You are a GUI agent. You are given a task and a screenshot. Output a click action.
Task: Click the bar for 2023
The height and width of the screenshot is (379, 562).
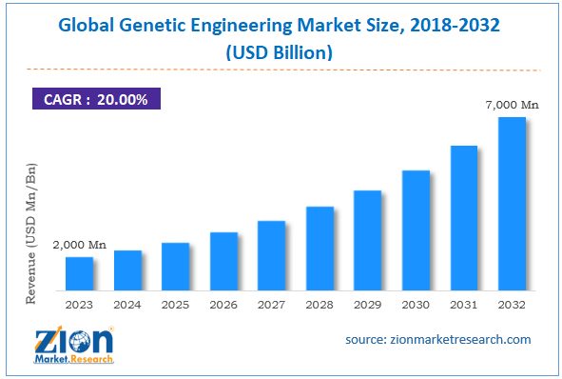point(79,273)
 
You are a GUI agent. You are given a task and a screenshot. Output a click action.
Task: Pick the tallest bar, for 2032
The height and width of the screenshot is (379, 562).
point(512,204)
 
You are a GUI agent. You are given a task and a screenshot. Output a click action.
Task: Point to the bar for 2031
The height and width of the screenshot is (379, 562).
point(463,218)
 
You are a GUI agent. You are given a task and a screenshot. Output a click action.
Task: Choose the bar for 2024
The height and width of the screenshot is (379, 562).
point(127,270)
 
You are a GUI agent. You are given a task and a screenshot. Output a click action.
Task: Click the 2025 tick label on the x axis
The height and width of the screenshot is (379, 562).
point(175,305)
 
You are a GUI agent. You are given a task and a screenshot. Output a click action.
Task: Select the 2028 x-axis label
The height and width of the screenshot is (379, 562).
point(320,305)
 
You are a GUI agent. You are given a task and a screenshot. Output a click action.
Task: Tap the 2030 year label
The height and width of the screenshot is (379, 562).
point(416,305)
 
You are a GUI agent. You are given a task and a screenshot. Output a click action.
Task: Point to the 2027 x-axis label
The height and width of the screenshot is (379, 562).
point(271,305)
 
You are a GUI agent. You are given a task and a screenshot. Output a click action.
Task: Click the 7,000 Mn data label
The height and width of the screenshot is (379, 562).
point(512,105)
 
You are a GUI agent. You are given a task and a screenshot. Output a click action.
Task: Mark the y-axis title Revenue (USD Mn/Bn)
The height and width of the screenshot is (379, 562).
point(31,233)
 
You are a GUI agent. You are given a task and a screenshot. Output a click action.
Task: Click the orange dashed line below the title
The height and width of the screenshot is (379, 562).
point(281,70)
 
